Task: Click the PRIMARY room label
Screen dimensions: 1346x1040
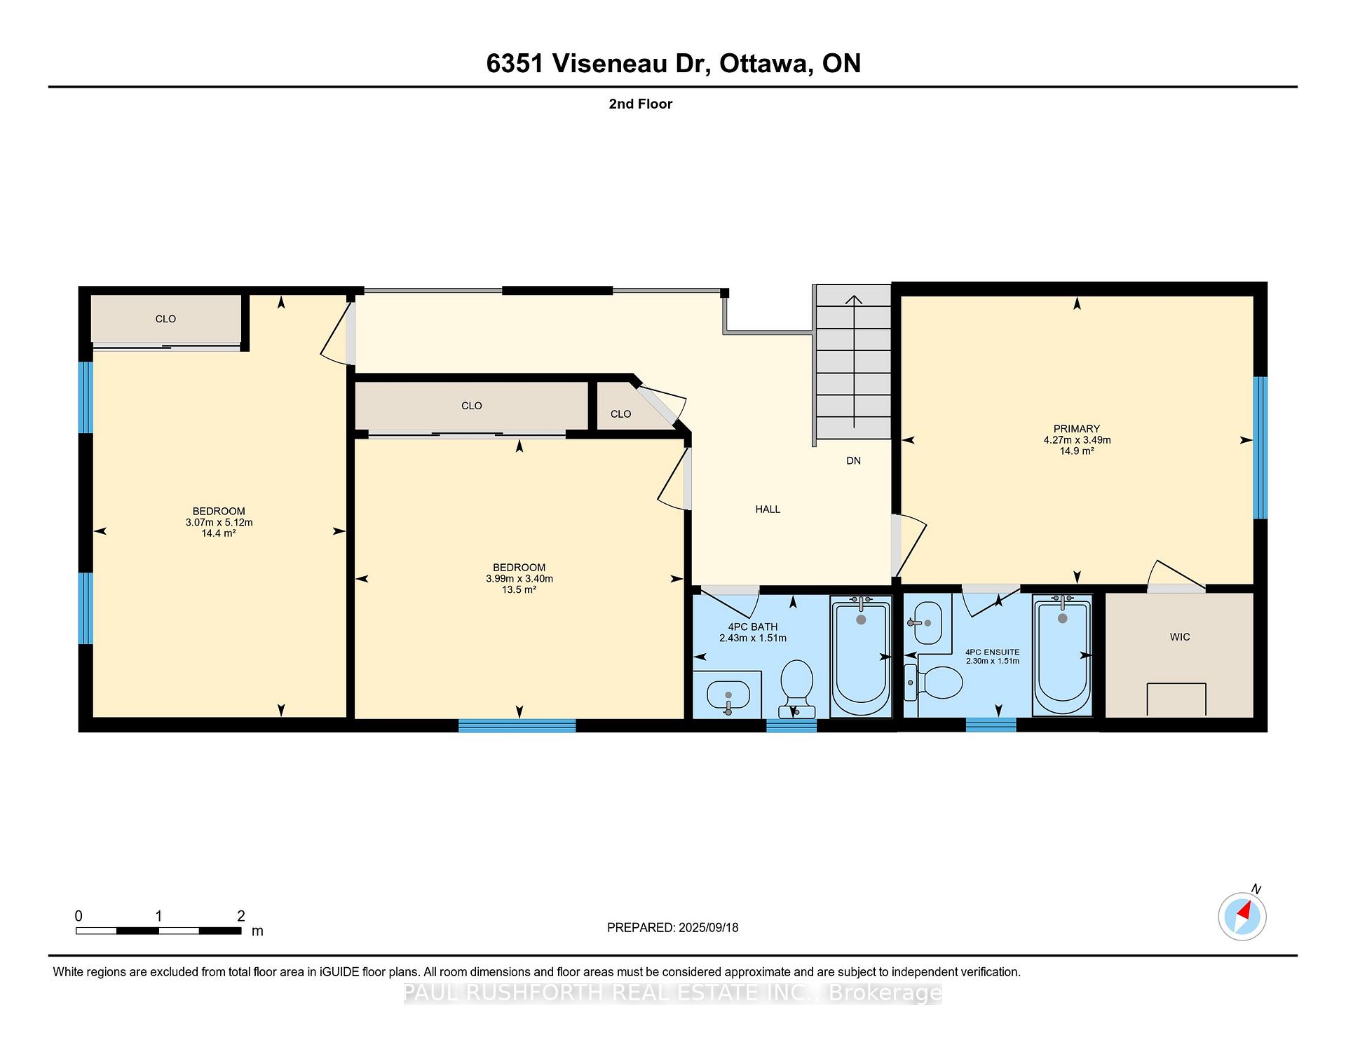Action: (1076, 429)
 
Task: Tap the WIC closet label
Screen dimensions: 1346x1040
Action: (1180, 637)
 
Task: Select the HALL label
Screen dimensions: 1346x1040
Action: (768, 509)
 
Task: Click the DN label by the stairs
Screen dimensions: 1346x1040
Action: (853, 460)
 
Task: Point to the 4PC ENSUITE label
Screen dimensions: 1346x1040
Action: (992, 652)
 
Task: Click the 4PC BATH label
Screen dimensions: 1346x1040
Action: (752, 627)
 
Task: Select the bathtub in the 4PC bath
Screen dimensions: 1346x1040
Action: (861, 656)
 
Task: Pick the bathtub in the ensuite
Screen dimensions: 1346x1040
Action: (1062, 655)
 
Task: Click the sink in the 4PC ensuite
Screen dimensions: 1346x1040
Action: (927, 622)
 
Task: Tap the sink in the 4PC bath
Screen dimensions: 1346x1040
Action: (728, 695)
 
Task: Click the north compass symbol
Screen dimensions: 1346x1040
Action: (1242, 915)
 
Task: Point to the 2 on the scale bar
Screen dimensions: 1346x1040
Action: (241, 916)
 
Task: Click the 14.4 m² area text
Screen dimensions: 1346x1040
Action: (219, 533)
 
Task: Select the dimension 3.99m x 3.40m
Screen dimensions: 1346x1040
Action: (519, 579)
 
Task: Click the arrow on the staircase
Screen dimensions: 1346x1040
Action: (853, 362)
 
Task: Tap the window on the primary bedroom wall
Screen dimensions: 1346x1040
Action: (1260, 448)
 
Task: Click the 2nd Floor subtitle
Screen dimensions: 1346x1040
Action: (640, 104)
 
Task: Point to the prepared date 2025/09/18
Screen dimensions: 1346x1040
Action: (708, 927)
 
